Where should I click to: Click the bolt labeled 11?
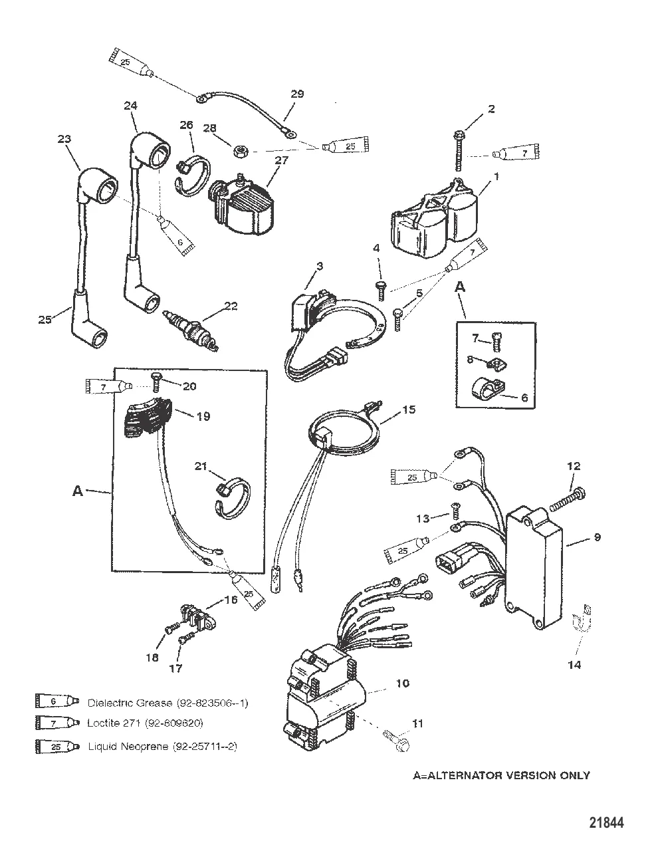(396, 741)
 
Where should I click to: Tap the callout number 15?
(409, 410)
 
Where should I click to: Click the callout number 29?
(297, 94)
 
